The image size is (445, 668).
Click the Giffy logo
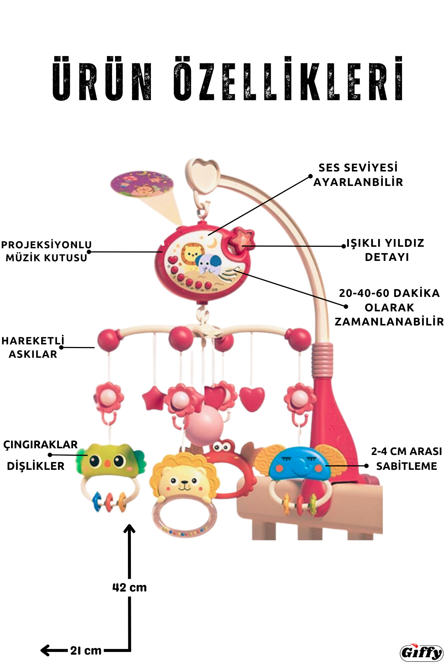click(422, 652)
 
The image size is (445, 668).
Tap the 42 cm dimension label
click(129, 587)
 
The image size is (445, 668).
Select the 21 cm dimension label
click(86, 650)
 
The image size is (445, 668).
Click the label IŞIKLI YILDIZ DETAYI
click(385, 250)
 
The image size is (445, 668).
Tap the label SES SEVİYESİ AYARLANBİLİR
click(358, 175)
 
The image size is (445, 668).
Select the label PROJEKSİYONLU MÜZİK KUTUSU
click(46, 251)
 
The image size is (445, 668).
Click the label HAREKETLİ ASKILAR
click(33, 347)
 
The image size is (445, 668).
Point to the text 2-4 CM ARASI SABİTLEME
click(406, 459)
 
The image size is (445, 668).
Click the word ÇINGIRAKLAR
click(40, 445)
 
